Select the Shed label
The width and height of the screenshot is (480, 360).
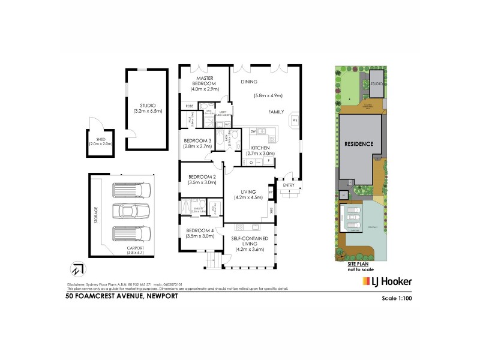point(101,141)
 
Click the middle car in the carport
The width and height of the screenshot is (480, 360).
point(133,211)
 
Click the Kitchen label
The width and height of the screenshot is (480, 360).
point(260,148)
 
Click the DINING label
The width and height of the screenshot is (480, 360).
point(249,82)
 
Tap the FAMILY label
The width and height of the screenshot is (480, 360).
point(276,112)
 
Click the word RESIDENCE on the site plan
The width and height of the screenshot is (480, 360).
point(359,144)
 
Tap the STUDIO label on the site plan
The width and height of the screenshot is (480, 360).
point(377,84)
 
